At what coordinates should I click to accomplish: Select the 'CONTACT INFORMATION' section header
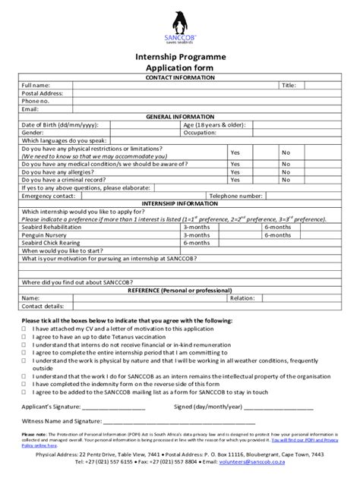coord(180,77)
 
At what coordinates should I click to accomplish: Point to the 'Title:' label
coord(289,85)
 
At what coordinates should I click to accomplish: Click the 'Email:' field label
coord(30,108)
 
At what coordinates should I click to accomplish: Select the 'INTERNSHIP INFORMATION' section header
coord(180,203)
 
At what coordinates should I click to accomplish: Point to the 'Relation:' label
coord(242,298)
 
